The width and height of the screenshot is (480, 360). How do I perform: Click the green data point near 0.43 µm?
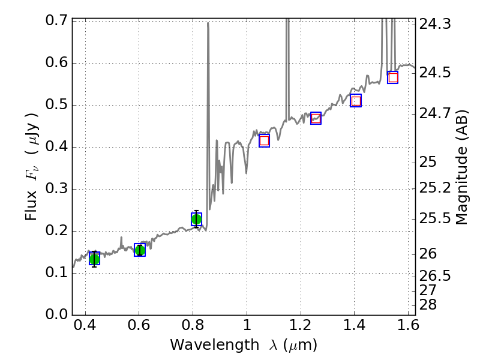click(x=94, y=259)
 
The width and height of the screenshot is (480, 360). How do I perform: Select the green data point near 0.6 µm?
click(x=140, y=250)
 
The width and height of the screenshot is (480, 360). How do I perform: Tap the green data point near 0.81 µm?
click(x=196, y=220)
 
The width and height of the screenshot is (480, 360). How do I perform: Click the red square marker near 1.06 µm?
click(x=264, y=140)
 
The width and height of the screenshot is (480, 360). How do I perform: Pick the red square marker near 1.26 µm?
click(x=316, y=118)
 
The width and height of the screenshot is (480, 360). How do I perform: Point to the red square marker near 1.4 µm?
click(x=356, y=101)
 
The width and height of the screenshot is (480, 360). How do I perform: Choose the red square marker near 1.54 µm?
click(x=393, y=77)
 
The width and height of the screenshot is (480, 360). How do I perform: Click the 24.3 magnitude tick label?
click(x=434, y=25)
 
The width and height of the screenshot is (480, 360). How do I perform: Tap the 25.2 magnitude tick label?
click(x=434, y=188)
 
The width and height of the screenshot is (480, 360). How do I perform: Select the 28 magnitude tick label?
click(x=430, y=305)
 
